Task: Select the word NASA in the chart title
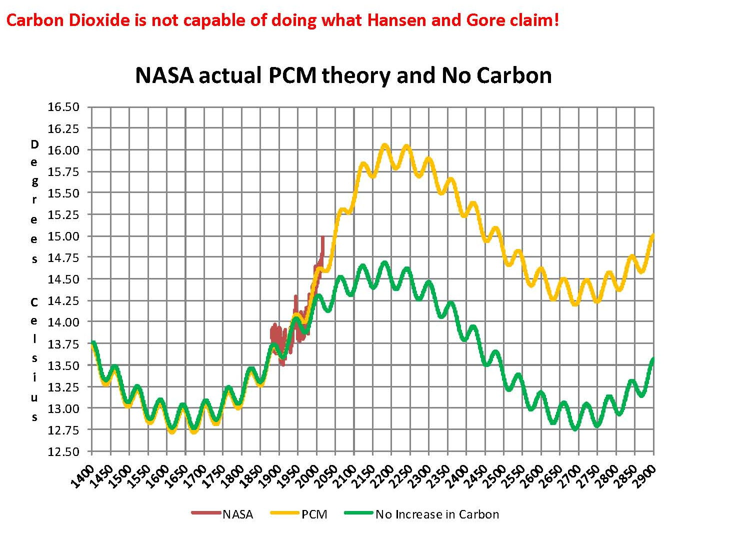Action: click(x=164, y=75)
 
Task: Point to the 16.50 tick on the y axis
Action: click(x=63, y=107)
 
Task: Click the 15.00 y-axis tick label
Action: click(x=63, y=236)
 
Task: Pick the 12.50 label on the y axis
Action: click(x=63, y=452)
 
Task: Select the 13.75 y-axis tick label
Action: click(x=63, y=344)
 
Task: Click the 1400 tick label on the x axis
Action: click(x=83, y=474)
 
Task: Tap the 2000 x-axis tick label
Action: click(x=308, y=474)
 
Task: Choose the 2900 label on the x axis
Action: click(x=645, y=474)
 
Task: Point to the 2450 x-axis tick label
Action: click(x=477, y=474)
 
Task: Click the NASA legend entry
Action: click(x=237, y=514)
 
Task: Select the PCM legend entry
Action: click(x=314, y=514)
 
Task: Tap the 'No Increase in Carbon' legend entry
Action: click(x=437, y=514)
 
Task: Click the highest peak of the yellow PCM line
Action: click(x=384, y=145)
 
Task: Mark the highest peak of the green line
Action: click(x=384, y=262)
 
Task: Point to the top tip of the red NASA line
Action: click(x=322, y=237)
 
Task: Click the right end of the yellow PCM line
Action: click(x=653, y=235)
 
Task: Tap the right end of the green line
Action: click(x=653, y=359)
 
